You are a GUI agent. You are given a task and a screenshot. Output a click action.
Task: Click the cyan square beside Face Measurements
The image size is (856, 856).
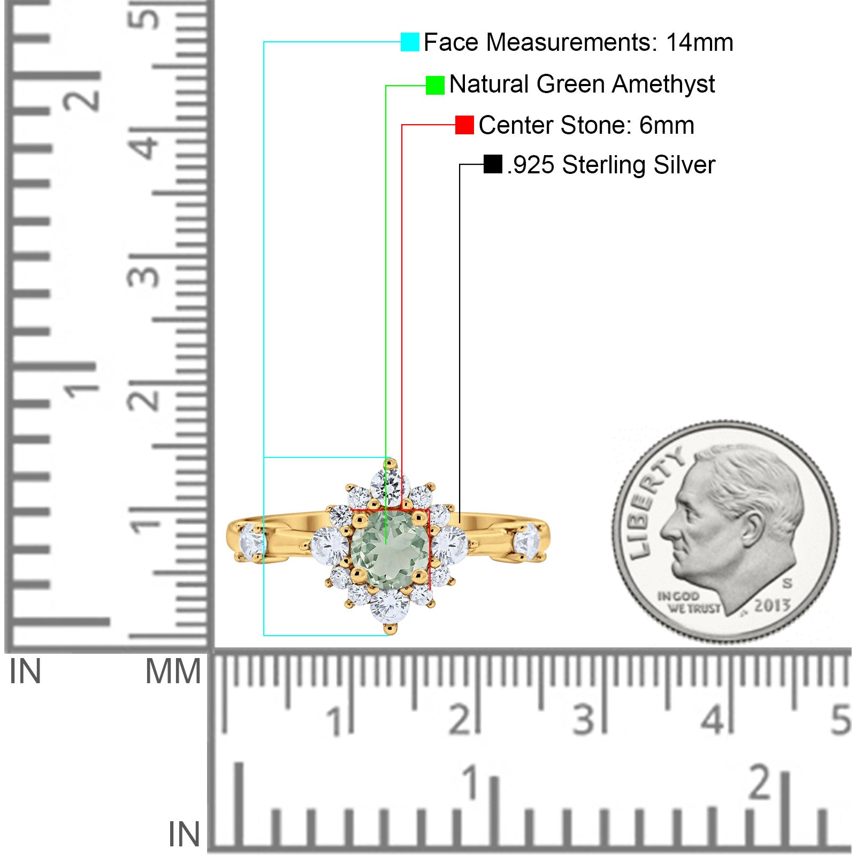[410, 42]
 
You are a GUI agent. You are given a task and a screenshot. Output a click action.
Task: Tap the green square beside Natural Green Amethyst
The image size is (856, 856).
[435, 85]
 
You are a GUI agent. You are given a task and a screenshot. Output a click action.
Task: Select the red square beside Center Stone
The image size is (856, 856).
[464, 125]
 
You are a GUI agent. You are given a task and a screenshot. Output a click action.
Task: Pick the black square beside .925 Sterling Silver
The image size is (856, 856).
[493, 164]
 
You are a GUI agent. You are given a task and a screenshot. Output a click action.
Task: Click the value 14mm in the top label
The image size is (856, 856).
[699, 42]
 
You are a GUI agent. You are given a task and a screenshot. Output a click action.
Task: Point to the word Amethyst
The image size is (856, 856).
[663, 84]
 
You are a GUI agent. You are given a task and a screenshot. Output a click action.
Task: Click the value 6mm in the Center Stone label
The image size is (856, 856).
[667, 125]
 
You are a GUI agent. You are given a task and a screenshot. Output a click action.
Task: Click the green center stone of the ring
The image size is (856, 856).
[390, 550]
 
